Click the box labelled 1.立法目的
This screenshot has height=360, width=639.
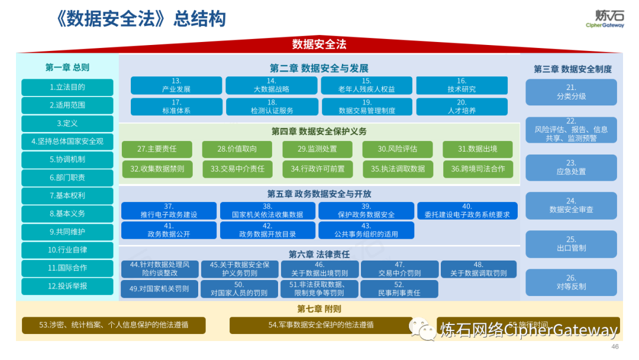[x=67, y=87]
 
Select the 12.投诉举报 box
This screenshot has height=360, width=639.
[x=67, y=286]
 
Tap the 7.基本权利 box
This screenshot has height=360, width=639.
[x=67, y=195]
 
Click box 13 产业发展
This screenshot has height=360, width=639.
[x=176, y=85]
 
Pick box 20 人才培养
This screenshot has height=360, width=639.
[x=461, y=107]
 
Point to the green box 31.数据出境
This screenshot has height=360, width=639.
[x=477, y=149]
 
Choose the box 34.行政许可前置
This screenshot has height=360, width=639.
[x=317, y=169]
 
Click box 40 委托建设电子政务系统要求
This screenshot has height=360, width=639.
[x=467, y=211]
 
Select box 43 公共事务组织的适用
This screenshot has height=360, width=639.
[x=366, y=230]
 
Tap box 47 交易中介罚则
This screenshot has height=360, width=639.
[x=399, y=269]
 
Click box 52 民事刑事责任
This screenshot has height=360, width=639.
[x=399, y=288]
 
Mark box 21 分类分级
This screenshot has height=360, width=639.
[x=571, y=92]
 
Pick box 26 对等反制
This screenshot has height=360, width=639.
[x=571, y=282]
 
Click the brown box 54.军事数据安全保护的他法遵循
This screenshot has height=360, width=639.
[x=321, y=325]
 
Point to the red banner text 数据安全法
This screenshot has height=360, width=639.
[x=319, y=44]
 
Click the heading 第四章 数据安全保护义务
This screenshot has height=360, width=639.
[x=319, y=131]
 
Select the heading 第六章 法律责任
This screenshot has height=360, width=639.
[x=319, y=254]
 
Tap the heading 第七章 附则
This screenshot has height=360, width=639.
[x=319, y=308]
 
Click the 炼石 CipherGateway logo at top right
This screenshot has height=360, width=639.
[x=604, y=18]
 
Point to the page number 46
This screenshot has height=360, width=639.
[x=614, y=346]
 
